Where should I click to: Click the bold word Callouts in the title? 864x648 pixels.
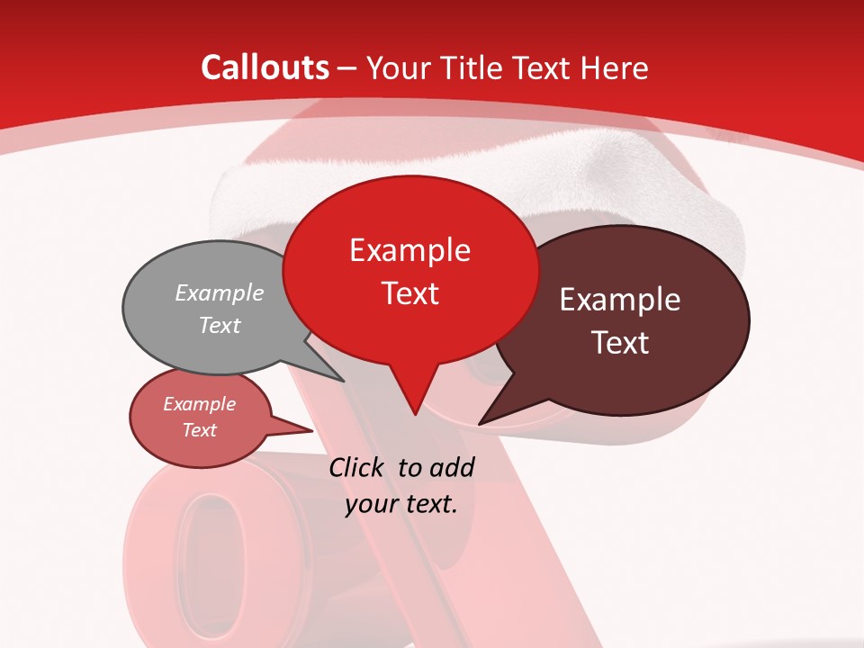click(x=265, y=67)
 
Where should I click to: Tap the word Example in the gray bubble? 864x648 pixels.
click(x=220, y=293)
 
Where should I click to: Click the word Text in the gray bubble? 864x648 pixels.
click(x=220, y=326)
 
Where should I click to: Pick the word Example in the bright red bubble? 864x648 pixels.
click(x=409, y=250)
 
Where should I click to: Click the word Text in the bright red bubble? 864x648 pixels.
click(x=410, y=293)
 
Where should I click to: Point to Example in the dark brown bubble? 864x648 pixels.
click(x=620, y=300)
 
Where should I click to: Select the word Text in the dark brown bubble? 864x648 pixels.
click(x=620, y=343)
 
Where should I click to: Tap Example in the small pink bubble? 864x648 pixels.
click(x=199, y=404)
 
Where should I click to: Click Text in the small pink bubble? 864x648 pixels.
click(x=199, y=430)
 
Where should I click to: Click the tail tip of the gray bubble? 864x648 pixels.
click(x=342, y=380)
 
